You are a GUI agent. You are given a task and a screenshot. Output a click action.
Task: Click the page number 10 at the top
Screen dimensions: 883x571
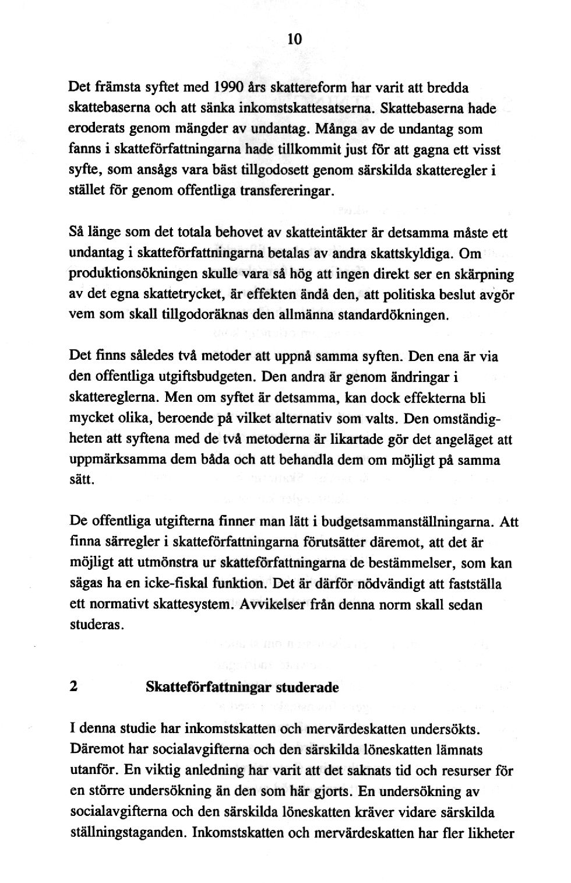click(295, 39)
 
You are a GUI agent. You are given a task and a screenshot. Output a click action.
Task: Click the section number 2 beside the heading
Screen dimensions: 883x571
click(73, 686)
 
